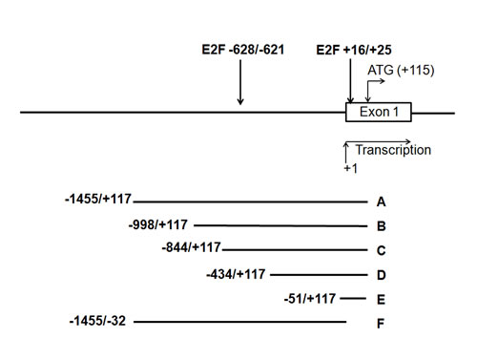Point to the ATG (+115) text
tap(400, 70)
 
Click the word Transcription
tap(393, 150)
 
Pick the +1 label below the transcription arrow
tap(350, 168)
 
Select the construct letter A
tap(381, 201)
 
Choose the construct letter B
tap(381, 226)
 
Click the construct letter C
tap(381, 250)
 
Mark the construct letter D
tap(381, 275)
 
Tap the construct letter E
tap(381, 299)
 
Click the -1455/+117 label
tap(98, 200)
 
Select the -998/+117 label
tap(159, 224)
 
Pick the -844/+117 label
tap(191, 248)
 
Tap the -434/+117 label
tap(236, 274)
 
